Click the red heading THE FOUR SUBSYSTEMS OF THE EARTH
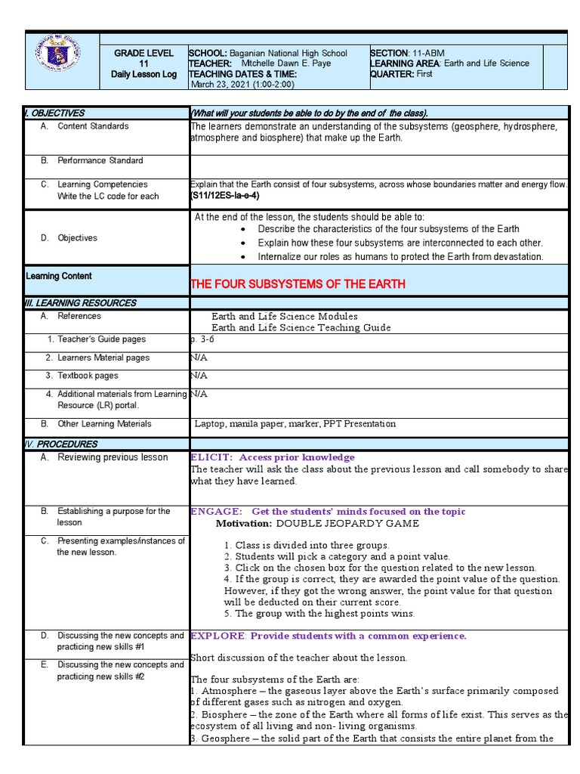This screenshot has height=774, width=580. click(298, 284)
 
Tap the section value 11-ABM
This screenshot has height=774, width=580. click(428, 54)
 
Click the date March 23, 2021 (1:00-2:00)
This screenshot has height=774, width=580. click(244, 85)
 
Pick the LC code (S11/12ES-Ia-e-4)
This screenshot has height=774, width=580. click(225, 196)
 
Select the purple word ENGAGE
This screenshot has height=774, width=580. click(216, 512)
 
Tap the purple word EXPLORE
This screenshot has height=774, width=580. click(217, 636)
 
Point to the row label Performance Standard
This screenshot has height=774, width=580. click(100, 161)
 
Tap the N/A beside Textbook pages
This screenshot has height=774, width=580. click(199, 376)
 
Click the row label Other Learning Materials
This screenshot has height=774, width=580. click(104, 424)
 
